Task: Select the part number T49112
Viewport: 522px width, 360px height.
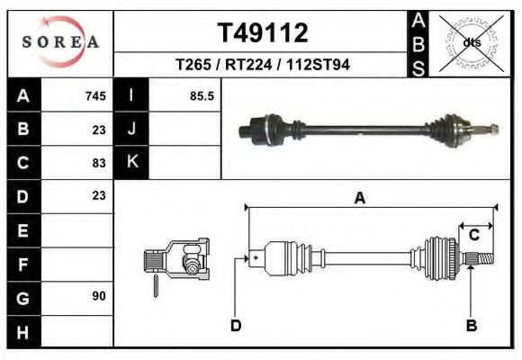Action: click(x=263, y=33)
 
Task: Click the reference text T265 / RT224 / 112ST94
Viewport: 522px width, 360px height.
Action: click(x=263, y=65)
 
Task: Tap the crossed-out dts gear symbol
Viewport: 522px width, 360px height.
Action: click(x=470, y=42)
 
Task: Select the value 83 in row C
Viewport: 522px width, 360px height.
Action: click(x=99, y=163)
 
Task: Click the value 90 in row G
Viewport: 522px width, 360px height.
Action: click(x=99, y=296)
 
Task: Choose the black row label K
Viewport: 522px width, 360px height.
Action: click(x=131, y=163)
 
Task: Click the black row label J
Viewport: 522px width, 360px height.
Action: click(x=131, y=130)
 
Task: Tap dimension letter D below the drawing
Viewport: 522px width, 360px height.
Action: click(x=236, y=325)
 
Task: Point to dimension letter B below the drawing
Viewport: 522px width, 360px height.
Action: click(x=471, y=325)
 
